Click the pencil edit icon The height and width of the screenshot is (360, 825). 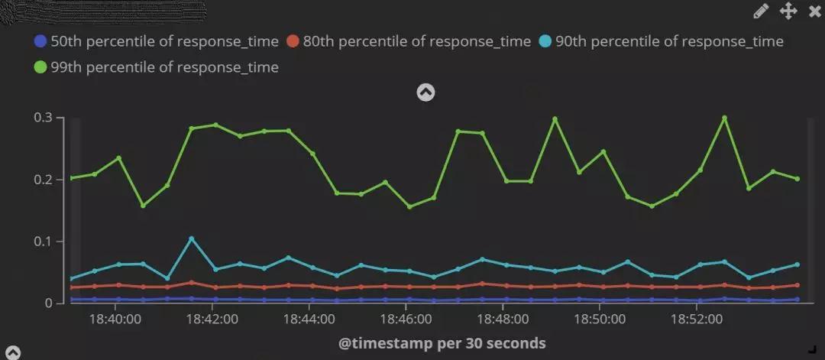point(761,11)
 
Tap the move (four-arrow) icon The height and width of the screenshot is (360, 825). point(788,11)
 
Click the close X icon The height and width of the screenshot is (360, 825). point(814,11)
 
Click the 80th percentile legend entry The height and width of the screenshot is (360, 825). point(408,41)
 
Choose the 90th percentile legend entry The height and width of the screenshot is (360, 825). point(661,41)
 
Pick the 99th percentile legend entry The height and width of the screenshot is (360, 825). point(157,67)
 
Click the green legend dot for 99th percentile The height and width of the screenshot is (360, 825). point(40,67)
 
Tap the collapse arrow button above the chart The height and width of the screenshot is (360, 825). point(425,92)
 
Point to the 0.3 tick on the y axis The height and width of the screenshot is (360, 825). point(43,118)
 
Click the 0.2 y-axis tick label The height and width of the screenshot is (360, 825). point(43,180)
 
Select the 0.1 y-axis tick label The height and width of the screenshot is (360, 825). point(43,242)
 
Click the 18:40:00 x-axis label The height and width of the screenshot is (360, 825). point(115,317)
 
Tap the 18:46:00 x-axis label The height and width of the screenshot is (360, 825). point(406,317)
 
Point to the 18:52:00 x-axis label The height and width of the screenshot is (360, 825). point(697,317)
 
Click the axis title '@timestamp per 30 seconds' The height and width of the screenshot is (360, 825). point(442,343)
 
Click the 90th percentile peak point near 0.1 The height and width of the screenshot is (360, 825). point(191,238)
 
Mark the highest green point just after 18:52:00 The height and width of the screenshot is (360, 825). point(724,118)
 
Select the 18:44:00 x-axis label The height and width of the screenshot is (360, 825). point(309,317)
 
